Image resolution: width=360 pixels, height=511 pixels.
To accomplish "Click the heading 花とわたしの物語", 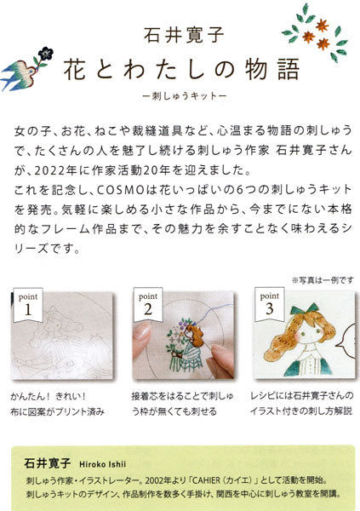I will coord(180,71).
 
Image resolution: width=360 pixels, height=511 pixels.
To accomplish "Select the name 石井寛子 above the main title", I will coord(180,37).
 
